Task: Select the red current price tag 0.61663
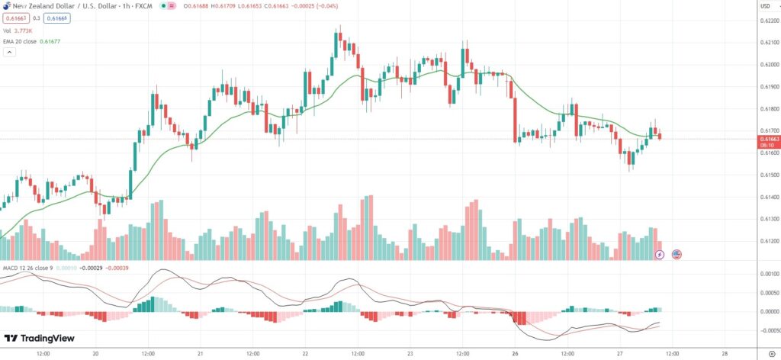(x=767, y=139)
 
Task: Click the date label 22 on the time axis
(x=305, y=354)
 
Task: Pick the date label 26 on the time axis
(x=516, y=354)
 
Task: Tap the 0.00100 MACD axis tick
(x=767, y=274)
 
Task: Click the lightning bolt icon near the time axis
(x=660, y=253)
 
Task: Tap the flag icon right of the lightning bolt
(x=677, y=253)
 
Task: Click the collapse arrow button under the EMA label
(x=9, y=53)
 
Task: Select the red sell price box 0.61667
(x=14, y=18)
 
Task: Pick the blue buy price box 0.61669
(x=56, y=18)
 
